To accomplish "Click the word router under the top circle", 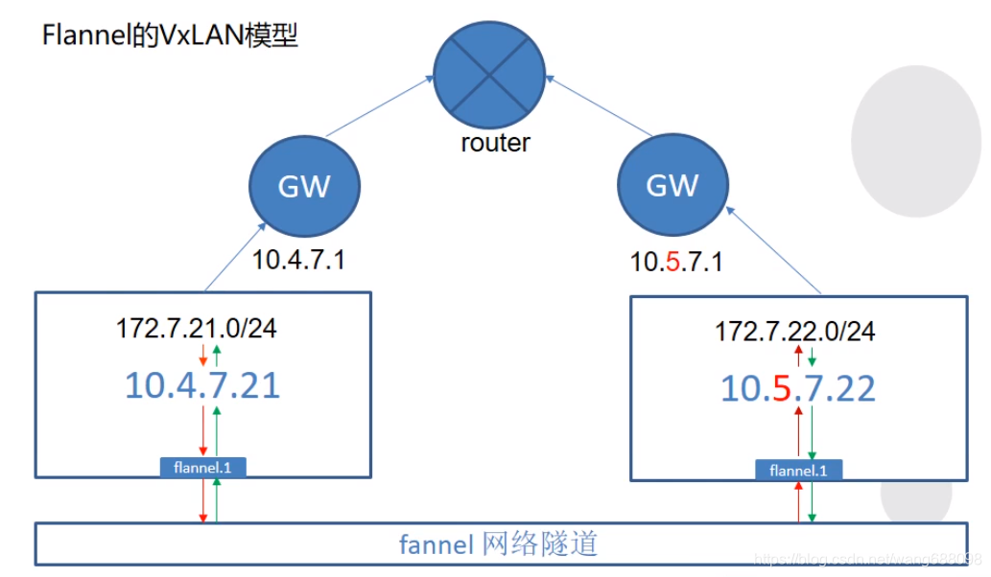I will click(495, 144).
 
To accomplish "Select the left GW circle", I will click(304, 185).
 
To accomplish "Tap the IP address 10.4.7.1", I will click(298, 260).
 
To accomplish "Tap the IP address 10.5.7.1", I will click(676, 262).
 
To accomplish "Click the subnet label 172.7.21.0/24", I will click(198, 329).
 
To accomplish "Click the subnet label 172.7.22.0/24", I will click(795, 332).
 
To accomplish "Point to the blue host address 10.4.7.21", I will click(202, 385).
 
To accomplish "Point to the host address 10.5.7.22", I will click(798, 388).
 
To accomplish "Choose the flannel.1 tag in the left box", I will click(202, 468).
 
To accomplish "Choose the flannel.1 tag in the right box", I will click(798, 471).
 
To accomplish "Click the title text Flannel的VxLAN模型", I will click(171, 35).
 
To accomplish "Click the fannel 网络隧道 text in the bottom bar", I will click(499, 544).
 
